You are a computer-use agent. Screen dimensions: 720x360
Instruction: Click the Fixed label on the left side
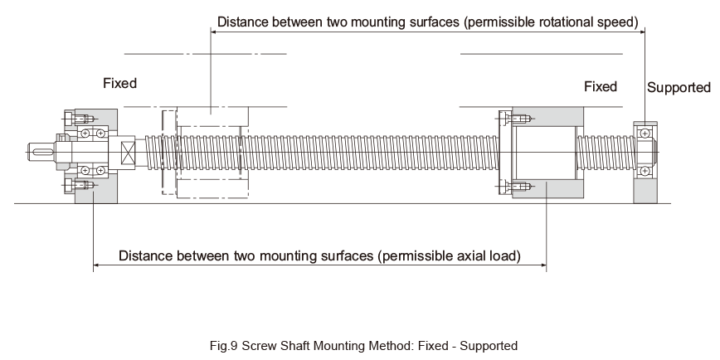[x=119, y=83]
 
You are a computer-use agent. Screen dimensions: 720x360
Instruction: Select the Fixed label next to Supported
[x=601, y=86]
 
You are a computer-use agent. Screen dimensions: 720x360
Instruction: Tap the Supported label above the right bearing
[x=679, y=87]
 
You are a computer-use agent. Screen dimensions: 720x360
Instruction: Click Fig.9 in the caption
[x=224, y=346]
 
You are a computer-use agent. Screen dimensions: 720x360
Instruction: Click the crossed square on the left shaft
[x=128, y=153]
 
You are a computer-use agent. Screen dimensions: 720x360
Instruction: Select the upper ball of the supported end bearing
[x=645, y=134]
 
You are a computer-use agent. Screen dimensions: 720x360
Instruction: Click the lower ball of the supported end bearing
[x=645, y=171]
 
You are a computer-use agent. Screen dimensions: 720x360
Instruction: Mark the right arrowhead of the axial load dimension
[x=543, y=265]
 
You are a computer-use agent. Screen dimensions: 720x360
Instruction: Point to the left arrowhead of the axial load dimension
[x=97, y=265]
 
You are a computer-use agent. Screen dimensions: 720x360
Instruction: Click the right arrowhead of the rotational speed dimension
[x=641, y=32]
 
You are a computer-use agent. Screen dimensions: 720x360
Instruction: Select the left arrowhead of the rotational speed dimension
[x=215, y=32]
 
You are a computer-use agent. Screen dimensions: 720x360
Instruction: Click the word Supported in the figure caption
[x=489, y=346]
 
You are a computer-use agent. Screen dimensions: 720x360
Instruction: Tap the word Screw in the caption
[x=258, y=346]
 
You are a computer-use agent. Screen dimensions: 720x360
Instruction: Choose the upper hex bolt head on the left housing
[x=70, y=119]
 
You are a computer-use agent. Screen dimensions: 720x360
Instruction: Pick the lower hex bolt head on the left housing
[x=70, y=186]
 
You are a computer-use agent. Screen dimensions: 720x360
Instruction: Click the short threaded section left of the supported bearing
[x=606, y=153]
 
